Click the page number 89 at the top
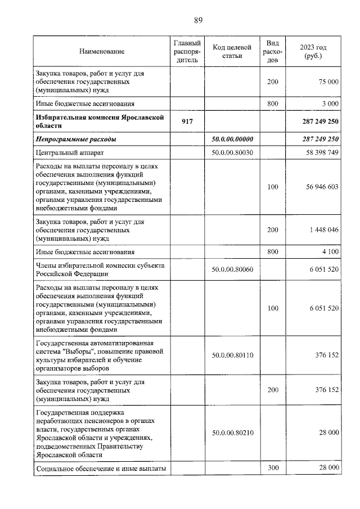pyautogui.click(x=198, y=21)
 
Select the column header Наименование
pyautogui.click(x=102, y=52)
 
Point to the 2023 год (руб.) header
pyautogui.click(x=313, y=52)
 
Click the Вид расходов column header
pyautogui.click(x=273, y=52)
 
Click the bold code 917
pyautogui.click(x=187, y=121)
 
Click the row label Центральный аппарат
pyautogui.click(x=69, y=152)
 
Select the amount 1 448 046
pyautogui.click(x=322, y=230)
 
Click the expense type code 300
pyautogui.click(x=273, y=468)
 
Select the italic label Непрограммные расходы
pyautogui.click(x=76, y=139)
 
